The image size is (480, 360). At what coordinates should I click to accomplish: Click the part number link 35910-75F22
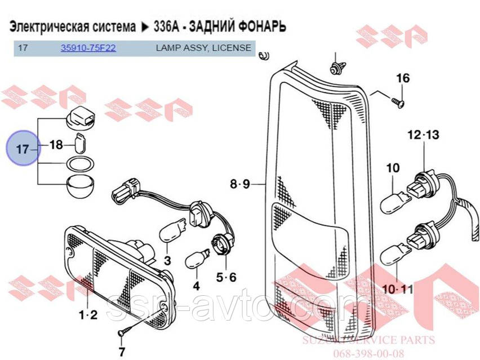[88, 48]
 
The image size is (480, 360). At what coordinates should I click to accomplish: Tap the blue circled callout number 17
[21, 149]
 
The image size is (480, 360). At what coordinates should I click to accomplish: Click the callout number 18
[56, 145]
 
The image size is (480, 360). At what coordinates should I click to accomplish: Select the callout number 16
[403, 78]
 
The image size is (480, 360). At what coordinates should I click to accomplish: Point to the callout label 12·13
[423, 135]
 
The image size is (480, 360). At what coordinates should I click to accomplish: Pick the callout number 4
[196, 286]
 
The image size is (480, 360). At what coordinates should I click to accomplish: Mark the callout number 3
[167, 260]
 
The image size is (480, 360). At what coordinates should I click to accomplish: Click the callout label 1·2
[88, 313]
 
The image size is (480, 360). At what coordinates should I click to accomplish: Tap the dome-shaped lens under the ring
[79, 185]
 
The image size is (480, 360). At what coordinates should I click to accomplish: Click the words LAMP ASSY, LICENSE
[203, 48]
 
